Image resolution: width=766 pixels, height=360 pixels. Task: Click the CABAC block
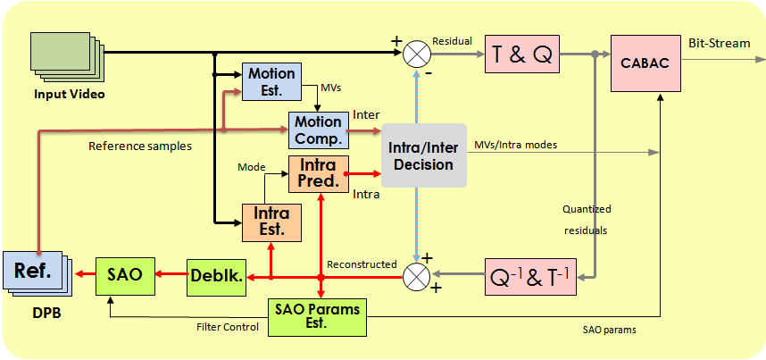pos(644,63)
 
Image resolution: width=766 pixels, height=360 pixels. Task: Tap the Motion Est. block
pos(271,81)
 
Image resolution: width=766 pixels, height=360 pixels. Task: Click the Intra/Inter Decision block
pos(424,155)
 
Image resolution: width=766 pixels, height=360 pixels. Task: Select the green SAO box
pos(125,275)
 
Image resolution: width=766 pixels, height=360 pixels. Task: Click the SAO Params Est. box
pos(318,315)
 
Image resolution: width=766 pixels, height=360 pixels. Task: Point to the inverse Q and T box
pos(530,276)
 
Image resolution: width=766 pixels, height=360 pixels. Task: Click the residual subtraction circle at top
pos(416,54)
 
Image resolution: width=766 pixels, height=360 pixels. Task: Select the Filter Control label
pos(228,327)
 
